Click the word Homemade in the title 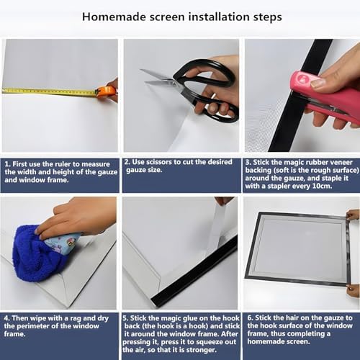pyautogui.click(x=114, y=17)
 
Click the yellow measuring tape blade pyautogui.click(x=49, y=91)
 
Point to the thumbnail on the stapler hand pyautogui.click(x=318, y=84)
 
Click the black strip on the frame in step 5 pyautogui.click(x=194, y=271)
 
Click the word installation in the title pyautogui.click(x=220, y=17)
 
